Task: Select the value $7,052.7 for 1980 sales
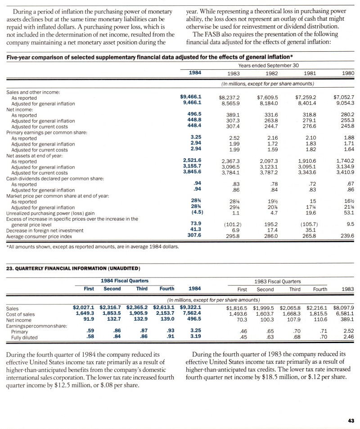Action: coord(344,97)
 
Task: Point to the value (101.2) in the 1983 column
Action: coord(230,223)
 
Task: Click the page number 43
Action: coord(351,420)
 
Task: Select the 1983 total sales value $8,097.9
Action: coord(344,308)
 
